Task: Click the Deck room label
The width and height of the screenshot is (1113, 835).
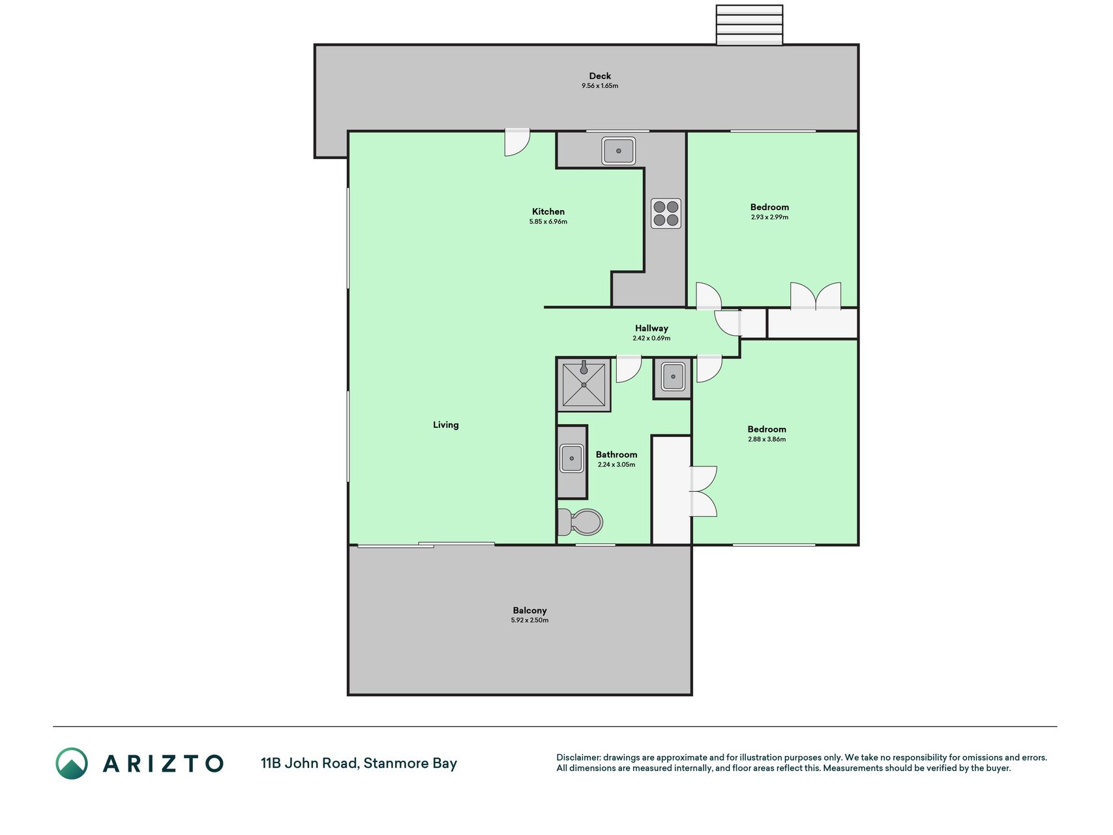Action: coord(600,76)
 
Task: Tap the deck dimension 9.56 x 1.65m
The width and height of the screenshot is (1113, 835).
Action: coord(600,86)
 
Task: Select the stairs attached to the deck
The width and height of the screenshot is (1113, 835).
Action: coord(749,25)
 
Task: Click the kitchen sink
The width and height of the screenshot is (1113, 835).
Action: coord(618,151)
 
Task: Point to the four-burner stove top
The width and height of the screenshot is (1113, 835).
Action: coord(666,213)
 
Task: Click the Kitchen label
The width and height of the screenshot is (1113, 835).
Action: coord(548,211)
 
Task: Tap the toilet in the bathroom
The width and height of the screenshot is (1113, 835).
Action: coord(580,522)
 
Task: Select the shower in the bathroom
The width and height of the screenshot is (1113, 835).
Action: coord(584,384)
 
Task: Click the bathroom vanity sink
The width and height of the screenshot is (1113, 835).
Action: coord(572,459)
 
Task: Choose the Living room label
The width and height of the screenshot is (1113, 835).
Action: coord(446,425)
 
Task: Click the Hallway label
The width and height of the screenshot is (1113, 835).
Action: coord(651,328)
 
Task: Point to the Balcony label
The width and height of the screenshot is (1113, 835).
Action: coord(529,611)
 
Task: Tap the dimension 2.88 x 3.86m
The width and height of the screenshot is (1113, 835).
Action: coord(767,440)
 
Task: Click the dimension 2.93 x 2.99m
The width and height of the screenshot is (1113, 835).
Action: coord(769,217)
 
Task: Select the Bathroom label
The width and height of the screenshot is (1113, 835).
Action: coord(616,455)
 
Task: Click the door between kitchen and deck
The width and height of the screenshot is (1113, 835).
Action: coord(517,143)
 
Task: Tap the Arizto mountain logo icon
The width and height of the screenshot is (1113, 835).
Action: coord(72,763)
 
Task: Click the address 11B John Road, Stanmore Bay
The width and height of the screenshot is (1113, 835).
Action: coord(359,763)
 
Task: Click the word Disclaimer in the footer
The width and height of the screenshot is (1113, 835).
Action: coord(578,757)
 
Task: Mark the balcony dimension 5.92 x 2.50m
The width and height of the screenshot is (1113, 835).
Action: coord(529,620)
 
